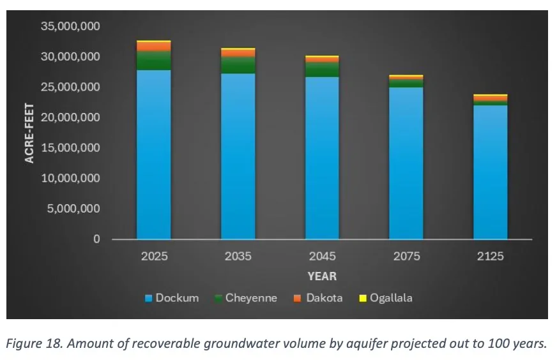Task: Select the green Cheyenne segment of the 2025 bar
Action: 154,61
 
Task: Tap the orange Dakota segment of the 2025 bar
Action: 154,47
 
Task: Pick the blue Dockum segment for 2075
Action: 406,163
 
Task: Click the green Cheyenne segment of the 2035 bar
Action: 238,65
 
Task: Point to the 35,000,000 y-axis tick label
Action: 70,26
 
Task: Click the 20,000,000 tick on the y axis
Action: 70,117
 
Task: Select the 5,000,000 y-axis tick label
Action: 73,209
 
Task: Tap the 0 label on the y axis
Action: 96,239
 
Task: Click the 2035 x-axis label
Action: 238,257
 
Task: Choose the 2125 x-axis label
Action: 490,257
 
